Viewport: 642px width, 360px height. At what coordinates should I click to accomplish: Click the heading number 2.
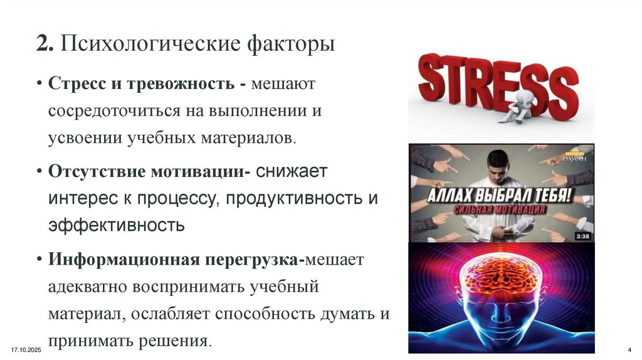point(42,46)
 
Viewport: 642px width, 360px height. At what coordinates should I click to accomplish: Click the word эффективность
point(116,225)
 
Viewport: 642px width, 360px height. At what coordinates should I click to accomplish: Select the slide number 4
point(629,349)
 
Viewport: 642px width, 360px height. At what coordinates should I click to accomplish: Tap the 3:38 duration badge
point(581,236)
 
